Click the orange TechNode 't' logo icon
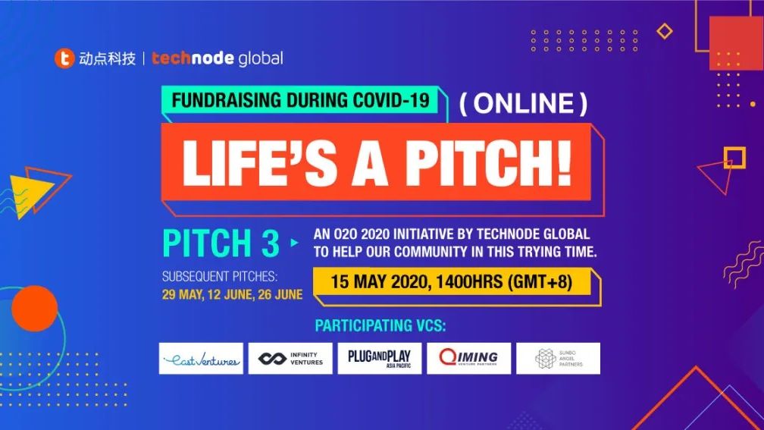pyautogui.click(x=64, y=58)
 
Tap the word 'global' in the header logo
pyautogui.click(x=261, y=59)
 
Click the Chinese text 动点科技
pyautogui.click(x=107, y=59)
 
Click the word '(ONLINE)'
pyautogui.click(x=523, y=103)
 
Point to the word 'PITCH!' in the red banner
pyautogui.click(x=489, y=162)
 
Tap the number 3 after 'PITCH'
pyautogui.click(x=271, y=243)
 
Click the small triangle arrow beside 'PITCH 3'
pyautogui.click(x=294, y=242)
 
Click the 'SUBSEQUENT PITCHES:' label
pyautogui.click(x=220, y=276)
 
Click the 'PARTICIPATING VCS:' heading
pyautogui.click(x=380, y=325)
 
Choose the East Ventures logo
pyautogui.click(x=201, y=358)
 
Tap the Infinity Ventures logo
pyautogui.click(x=290, y=358)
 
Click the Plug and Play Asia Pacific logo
pyautogui.click(x=380, y=358)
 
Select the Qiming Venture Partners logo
pyautogui.click(x=468, y=358)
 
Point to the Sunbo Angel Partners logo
pyautogui.click(x=559, y=358)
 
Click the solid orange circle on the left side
pyautogui.click(x=35, y=309)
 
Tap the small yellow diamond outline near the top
pyautogui.click(x=665, y=31)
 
